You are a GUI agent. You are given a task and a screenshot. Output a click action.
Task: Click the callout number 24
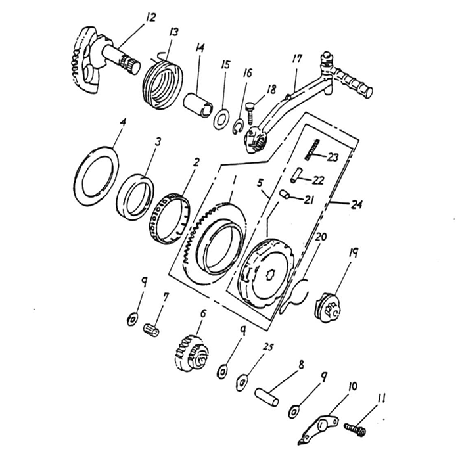pyautogui.click(x=357, y=205)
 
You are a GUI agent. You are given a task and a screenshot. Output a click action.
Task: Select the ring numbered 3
pyautogui.click(x=135, y=195)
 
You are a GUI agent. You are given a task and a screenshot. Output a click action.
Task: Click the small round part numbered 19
pyautogui.click(x=328, y=306)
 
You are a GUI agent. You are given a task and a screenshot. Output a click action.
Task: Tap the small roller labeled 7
pyautogui.click(x=152, y=325)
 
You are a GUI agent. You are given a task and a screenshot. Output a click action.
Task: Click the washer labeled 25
pyautogui.click(x=242, y=380)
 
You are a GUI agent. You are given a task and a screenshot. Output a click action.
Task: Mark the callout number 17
pyautogui.click(x=296, y=60)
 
